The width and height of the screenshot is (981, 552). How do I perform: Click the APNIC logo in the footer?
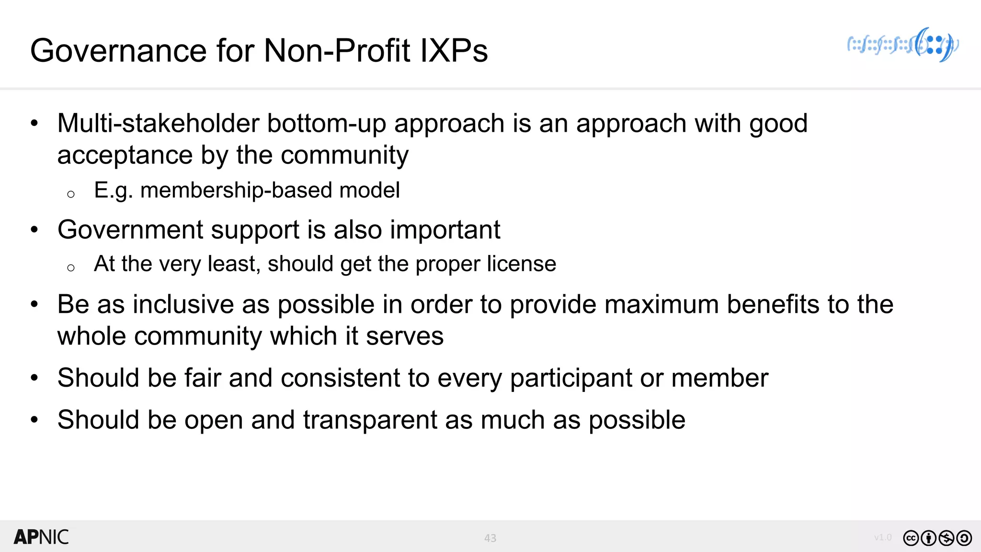tap(41, 537)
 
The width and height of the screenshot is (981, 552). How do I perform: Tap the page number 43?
tap(490, 538)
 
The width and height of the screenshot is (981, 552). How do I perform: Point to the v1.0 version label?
tap(883, 537)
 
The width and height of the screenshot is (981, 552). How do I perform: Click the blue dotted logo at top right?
tap(903, 45)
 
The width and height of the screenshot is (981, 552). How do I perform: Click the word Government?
tap(130, 230)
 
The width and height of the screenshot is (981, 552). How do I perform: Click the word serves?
tap(405, 336)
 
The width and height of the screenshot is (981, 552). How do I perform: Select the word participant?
tap(571, 378)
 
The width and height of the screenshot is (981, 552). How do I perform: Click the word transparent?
tap(370, 420)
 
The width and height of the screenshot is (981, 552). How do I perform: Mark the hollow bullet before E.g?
tap(71, 194)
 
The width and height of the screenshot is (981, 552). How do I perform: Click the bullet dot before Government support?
tap(34, 230)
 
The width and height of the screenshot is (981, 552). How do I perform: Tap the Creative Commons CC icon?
tap(911, 538)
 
